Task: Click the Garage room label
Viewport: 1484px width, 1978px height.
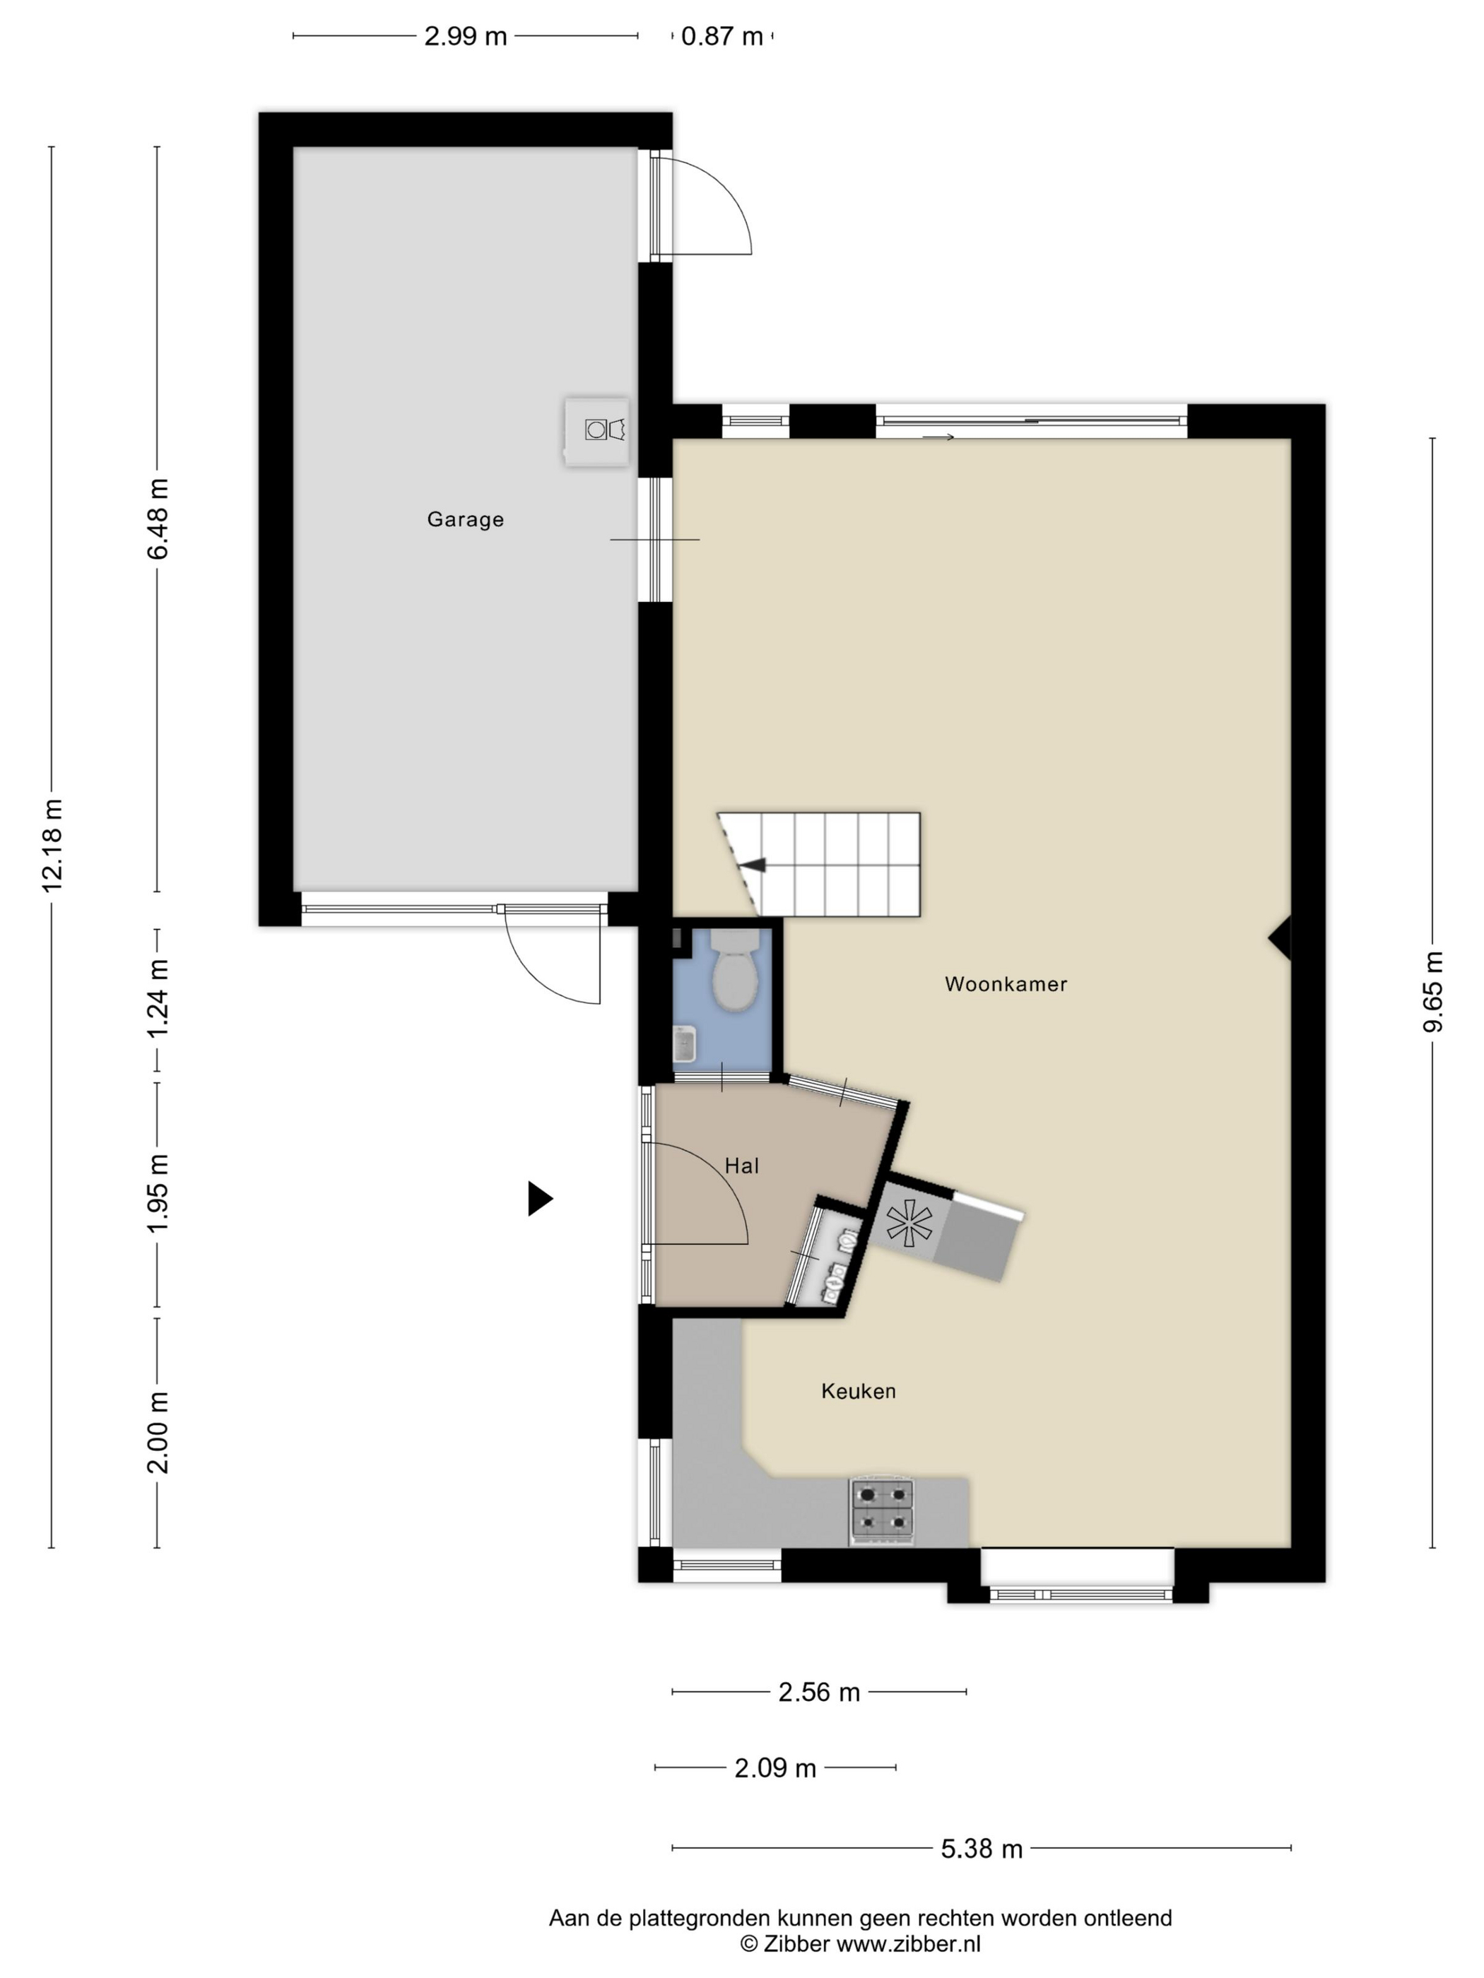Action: pyautogui.click(x=465, y=519)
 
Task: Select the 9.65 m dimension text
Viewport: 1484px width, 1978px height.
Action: pyautogui.click(x=1433, y=992)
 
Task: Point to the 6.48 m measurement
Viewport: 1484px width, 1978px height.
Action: pyautogui.click(x=158, y=519)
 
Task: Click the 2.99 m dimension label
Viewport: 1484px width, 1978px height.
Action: pyautogui.click(x=465, y=37)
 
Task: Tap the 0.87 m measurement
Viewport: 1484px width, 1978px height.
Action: pyautogui.click(x=722, y=37)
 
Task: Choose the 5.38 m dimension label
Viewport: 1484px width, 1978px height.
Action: pyautogui.click(x=982, y=1848)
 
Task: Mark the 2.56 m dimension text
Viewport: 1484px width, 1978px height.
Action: pyautogui.click(x=818, y=1692)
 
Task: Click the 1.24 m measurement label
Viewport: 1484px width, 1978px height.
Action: pyautogui.click(x=158, y=999)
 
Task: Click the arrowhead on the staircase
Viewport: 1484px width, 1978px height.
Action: pyautogui.click(x=754, y=865)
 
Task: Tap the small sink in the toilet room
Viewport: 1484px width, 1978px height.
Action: pyautogui.click(x=684, y=1044)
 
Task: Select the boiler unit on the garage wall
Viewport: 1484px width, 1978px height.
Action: pyautogui.click(x=596, y=432)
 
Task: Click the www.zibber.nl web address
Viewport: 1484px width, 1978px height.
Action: pyautogui.click(x=908, y=1943)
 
